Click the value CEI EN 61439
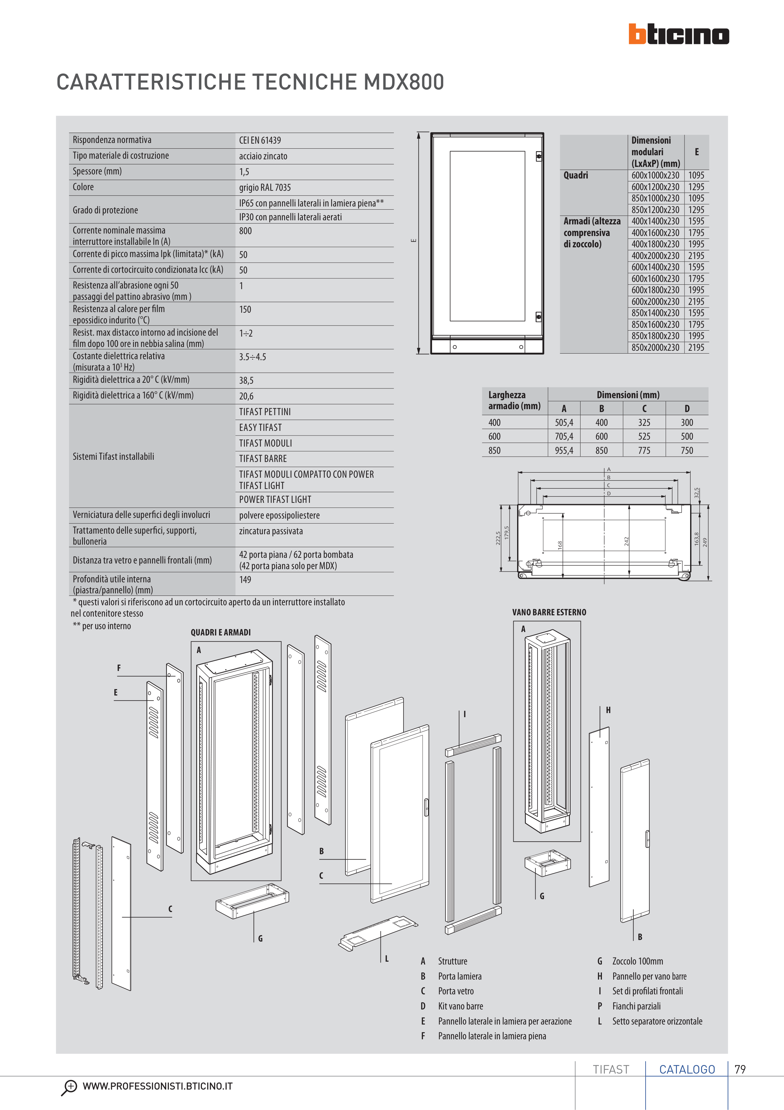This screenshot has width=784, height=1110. (x=260, y=140)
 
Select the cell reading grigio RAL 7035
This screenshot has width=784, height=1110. (x=265, y=188)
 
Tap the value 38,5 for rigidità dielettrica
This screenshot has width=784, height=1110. (x=246, y=381)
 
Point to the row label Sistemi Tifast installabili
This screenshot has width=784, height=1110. (x=114, y=456)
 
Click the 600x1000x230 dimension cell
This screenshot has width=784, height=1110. (x=655, y=175)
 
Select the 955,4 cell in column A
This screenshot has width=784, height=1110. (x=564, y=451)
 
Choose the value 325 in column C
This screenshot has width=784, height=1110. (x=644, y=422)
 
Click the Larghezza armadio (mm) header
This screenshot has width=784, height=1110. (x=514, y=400)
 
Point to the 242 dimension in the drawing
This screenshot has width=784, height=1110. (x=626, y=541)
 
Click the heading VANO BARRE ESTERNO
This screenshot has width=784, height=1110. (x=549, y=613)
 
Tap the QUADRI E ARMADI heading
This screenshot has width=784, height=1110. (x=221, y=632)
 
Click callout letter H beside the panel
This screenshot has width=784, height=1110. (x=608, y=710)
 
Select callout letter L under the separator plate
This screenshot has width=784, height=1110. (x=387, y=959)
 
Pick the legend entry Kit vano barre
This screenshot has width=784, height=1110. (x=460, y=1006)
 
